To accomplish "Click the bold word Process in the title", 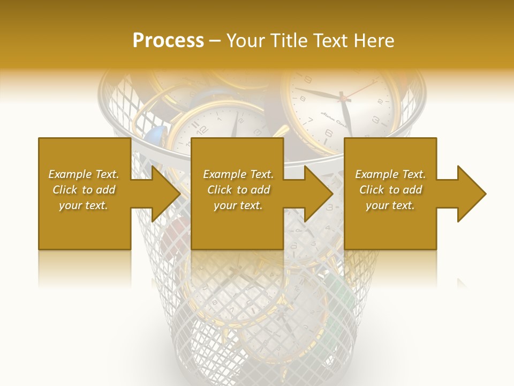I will tap(168, 41).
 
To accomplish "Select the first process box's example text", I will tap(84, 190).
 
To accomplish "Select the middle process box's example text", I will tap(238, 190).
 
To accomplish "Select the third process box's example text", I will tap(390, 190).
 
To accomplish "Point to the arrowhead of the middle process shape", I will tap(318, 194).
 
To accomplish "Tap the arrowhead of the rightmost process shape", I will tap(471, 194).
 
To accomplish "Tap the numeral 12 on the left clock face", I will tap(202, 129).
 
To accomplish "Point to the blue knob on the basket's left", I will tap(154, 135).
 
